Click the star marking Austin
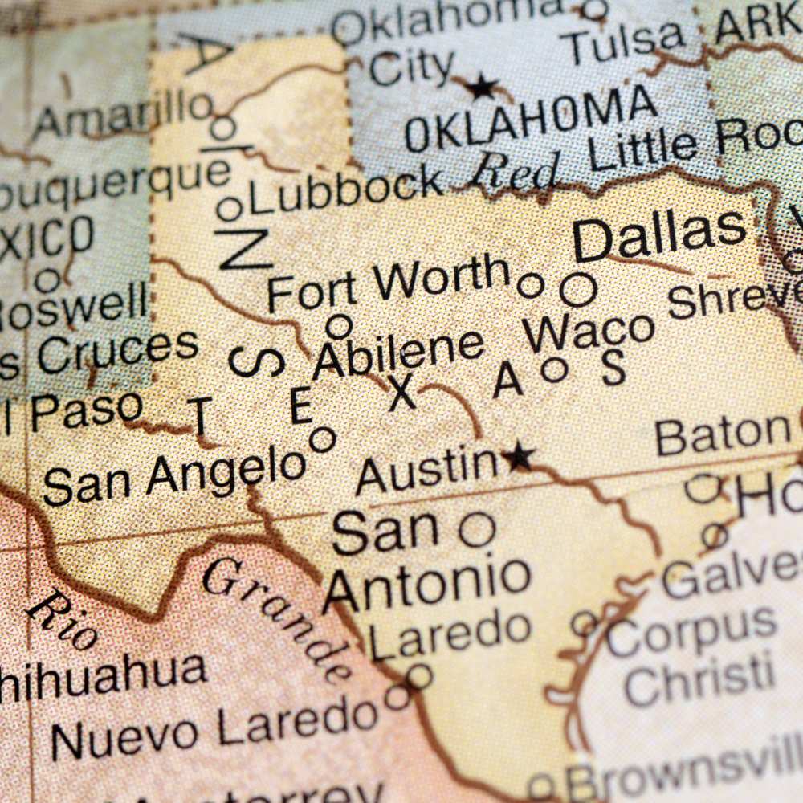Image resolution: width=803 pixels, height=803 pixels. point(519,457)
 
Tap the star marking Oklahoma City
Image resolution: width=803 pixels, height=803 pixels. point(482,86)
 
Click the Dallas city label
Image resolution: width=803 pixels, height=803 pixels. point(658,234)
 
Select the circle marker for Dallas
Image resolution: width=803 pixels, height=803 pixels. point(578,290)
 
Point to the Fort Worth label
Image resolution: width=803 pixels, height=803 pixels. point(389,286)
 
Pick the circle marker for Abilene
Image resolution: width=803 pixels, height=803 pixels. point(339,326)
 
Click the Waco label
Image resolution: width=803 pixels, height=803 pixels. point(589,332)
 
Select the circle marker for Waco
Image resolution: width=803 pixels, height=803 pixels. point(554,369)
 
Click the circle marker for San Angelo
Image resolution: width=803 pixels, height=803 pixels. point(322,439)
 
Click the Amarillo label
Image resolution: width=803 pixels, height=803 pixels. point(120,116)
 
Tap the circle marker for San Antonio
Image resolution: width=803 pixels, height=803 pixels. point(477,530)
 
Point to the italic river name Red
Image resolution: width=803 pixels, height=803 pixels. point(515,170)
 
